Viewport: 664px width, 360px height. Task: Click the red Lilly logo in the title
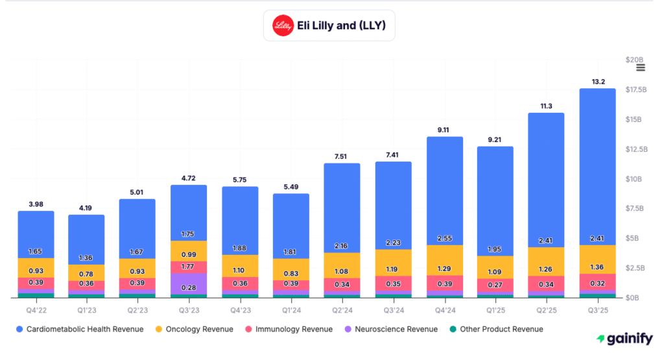click(283, 26)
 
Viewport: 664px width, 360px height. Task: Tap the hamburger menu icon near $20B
click(641, 67)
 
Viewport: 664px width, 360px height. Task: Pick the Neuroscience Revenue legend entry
click(389, 329)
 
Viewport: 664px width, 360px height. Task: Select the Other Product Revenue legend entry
click(495, 329)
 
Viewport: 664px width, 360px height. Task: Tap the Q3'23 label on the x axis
click(189, 309)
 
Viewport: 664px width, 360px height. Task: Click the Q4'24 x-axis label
click(444, 309)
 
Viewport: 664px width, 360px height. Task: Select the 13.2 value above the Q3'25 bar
click(597, 82)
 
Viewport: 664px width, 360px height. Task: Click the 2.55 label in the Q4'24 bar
click(444, 238)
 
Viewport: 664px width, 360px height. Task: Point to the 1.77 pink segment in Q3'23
click(189, 267)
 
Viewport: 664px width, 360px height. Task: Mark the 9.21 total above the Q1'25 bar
click(495, 139)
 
